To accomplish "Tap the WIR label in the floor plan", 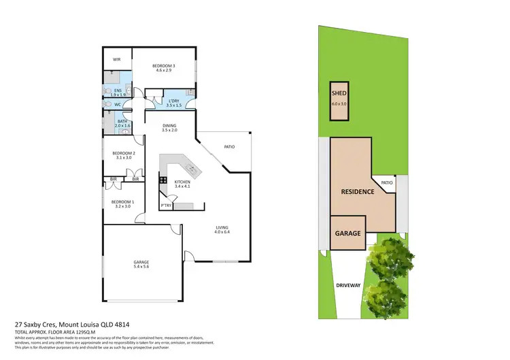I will click(117, 59).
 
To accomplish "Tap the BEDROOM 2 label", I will click(124, 155).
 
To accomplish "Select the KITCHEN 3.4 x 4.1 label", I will click(184, 184).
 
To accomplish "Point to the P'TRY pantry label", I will click(165, 205).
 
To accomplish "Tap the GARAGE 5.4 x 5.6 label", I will click(141, 265).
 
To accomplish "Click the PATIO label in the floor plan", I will click(229, 146).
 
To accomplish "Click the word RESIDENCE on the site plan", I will click(357, 191).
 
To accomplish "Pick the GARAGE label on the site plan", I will click(347, 233).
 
